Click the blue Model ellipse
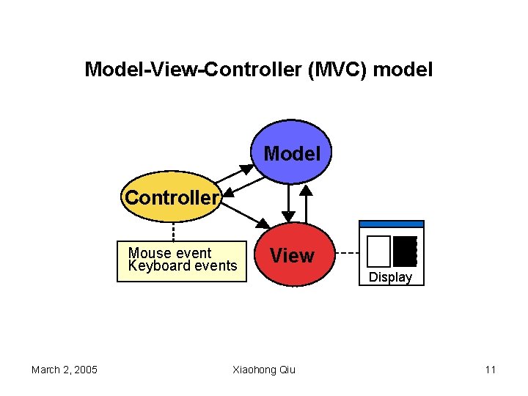click(292, 155)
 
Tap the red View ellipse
click(292, 256)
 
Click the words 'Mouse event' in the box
click(169, 253)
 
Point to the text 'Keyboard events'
click(183, 265)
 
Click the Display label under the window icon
click(390, 277)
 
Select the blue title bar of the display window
click(391, 224)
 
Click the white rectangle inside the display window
click(378, 251)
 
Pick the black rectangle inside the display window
click(405, 251)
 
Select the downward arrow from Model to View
click(288, 202)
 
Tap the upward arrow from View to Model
click(307, 202)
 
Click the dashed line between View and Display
click(348, 254)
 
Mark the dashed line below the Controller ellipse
click(173, 231)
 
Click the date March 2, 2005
click(65, 370)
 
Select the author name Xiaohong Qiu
click(264, 370)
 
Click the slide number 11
click(490, 370)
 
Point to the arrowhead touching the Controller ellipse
click(228, 193)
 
